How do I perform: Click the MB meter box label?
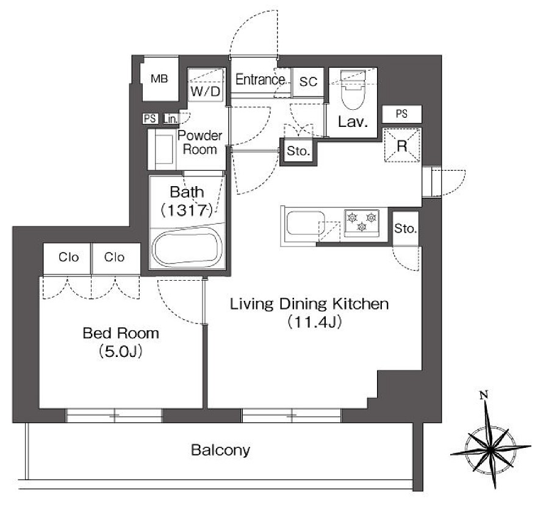159,79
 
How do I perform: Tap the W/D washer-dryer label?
206,92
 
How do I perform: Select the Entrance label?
260,79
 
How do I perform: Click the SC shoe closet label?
308,82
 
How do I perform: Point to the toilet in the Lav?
353,90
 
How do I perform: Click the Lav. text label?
353,121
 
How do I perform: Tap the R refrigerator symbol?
402,145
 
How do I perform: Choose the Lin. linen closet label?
171,119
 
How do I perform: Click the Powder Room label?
200,142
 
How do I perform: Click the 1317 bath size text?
187,210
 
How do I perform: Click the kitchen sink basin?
306,223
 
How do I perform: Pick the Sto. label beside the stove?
405,229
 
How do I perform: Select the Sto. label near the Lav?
298,151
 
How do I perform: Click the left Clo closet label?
68,257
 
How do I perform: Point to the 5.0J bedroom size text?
121,351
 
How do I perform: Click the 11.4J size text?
314,322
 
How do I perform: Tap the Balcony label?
221,450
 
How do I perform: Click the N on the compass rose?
484,395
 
